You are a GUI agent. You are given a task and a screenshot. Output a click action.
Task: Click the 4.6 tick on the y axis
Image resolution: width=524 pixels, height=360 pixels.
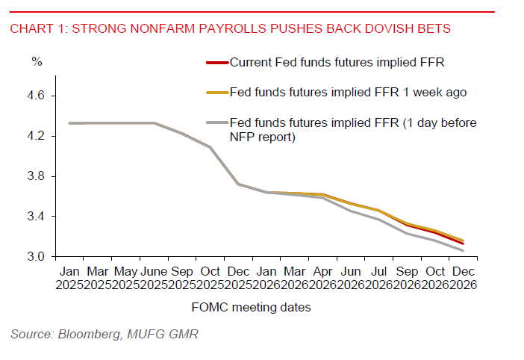(x=37, y=96)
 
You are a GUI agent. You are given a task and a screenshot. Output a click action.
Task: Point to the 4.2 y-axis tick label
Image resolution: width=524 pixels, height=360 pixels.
(x=37, y=137)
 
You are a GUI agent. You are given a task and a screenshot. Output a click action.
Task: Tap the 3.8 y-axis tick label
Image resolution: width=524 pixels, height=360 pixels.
(x=37, y=176)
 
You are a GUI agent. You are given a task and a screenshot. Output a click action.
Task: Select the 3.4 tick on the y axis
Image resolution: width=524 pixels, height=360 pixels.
(x=37, y=217)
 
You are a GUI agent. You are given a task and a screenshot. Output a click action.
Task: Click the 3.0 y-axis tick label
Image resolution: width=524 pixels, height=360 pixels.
(x=37, y=257)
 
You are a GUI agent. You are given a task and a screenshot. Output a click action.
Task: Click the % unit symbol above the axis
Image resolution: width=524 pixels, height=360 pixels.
(x=36, y=61)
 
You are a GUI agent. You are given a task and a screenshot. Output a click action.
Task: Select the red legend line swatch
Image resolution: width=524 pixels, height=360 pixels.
(x=216, y=63)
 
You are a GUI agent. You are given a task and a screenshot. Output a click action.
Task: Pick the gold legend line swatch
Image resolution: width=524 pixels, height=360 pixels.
(x=216, y=93)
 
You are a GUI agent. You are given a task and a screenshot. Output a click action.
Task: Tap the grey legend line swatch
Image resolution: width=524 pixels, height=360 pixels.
(x=216, y=122)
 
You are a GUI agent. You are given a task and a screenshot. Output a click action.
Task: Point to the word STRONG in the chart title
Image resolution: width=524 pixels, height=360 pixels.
(x=107, y=30)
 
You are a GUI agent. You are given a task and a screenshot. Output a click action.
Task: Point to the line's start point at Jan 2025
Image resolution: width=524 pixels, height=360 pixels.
(x=69, y=123)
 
